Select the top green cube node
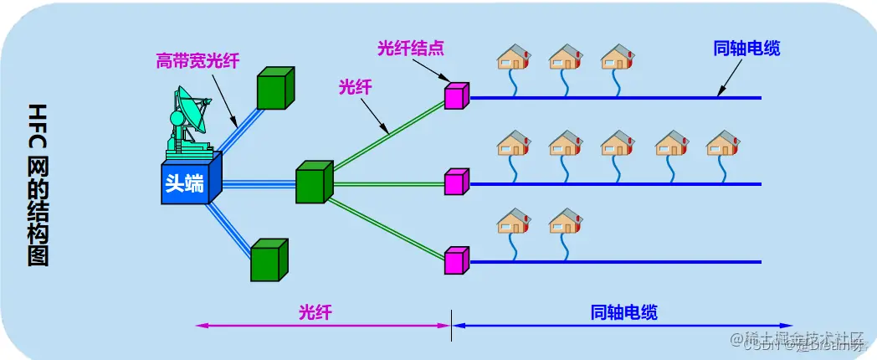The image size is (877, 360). click(275, 88)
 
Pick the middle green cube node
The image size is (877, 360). click(314, 183)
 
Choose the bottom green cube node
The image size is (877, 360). click(269, 260)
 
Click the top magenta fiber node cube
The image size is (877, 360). click(456, 95)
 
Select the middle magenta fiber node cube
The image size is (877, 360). click(456, 181)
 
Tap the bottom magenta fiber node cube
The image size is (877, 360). click(456, 260)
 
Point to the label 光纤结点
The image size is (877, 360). click(410, 48)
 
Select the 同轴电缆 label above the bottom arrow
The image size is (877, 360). click(624, 312)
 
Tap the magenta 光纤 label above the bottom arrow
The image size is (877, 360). click(315, 312)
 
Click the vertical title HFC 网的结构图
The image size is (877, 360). click(38, 185)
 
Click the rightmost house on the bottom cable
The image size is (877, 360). click(566, 221)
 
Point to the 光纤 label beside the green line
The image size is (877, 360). click(355, 86)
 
